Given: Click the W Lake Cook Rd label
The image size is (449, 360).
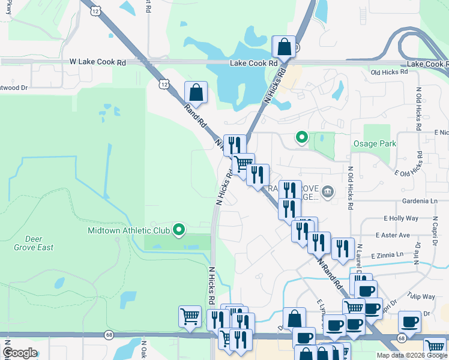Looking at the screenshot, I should pyautogui.click(x=98, y=62).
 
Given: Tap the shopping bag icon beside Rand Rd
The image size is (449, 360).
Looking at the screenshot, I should pyautogui.click(x=196, y=93).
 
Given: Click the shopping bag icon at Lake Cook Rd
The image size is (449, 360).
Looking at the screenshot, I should pyautogui.click(x=284, y=47).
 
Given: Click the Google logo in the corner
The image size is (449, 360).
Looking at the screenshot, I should pyautogui.click(x=20, y=353).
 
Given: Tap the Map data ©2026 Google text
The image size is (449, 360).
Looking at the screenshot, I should pyautogui.click(x=412, y=355).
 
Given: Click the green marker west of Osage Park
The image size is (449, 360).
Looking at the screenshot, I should pyautogui.click(x=302, y=138).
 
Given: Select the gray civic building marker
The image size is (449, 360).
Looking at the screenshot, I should pyautogui.click(x=328, y=192).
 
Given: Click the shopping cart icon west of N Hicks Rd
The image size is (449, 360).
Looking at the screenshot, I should pyautogui.click(x=190, y=316).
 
